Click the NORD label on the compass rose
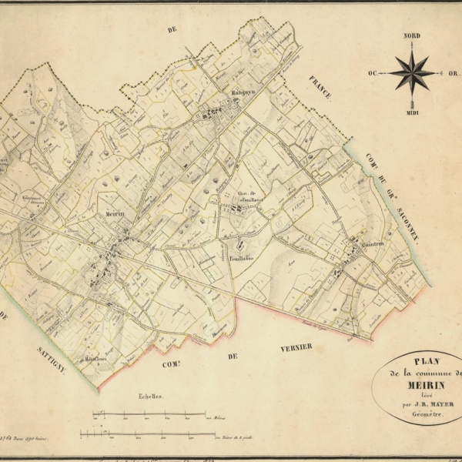pyautogui.click(x=412, y=36)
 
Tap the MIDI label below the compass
pyautogui.click(x=412, y=112)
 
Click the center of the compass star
pyautogui.click(x=412, y=73)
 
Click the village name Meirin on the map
pyautogui.click(x=114, y=216)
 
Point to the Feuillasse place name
pyautogui.click(x=239, y=260)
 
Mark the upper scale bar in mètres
pyautogui.click(x=154, y=413)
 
